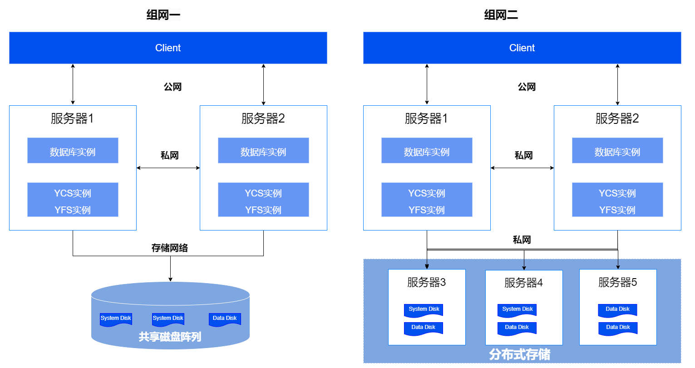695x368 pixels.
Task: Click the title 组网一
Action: click(163, 15)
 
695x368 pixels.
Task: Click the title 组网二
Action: click(501, 15)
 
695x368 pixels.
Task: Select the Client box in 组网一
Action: click(168, 48)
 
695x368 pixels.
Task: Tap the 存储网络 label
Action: click(169, 248)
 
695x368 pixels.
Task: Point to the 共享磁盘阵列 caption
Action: click(170, 337)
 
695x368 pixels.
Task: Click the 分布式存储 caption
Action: click(519, 354)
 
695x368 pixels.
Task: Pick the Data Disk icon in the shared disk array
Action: click(225, 319)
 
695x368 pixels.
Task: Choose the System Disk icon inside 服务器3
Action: click(424, 310)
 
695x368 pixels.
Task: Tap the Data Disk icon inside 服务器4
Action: click(517, 328)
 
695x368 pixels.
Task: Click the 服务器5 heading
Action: click(617, 282)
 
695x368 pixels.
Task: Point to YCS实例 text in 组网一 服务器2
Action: click(263, 193)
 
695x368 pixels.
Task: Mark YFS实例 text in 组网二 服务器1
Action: click(427, 210)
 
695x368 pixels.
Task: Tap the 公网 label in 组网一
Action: click(173, 87)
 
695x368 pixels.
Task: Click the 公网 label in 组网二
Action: click(527, 87)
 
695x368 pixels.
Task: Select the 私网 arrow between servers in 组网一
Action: click(168, 168)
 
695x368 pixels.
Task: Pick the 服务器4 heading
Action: click(523, 283)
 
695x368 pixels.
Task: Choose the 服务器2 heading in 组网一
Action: click(263, 118)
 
